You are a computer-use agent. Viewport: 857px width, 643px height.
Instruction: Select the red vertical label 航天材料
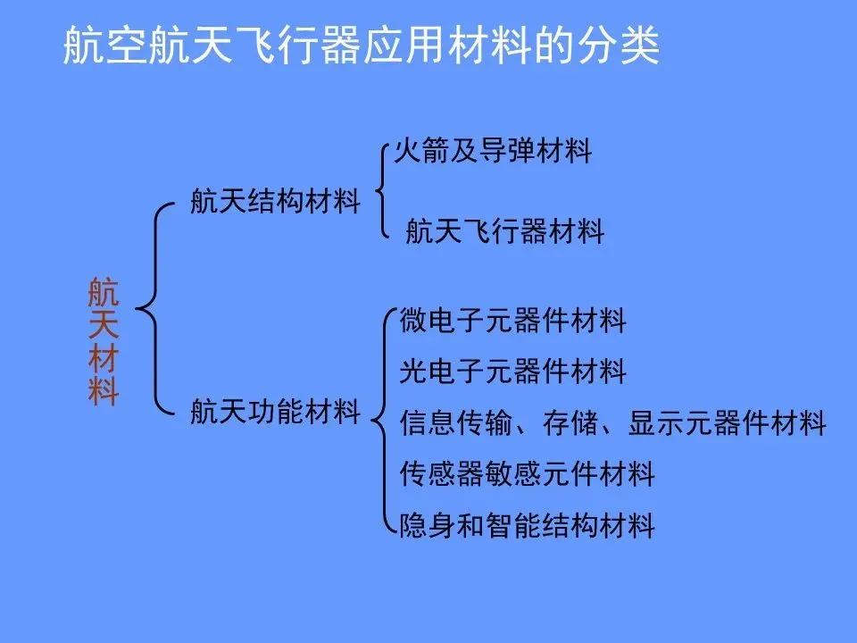pyautogui.click(x=104, y=342)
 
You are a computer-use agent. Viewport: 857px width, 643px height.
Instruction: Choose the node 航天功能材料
pyautogui.click(x=275, y=412)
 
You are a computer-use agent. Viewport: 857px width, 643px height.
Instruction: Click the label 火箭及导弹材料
pyautogui.click(x=494, y=151)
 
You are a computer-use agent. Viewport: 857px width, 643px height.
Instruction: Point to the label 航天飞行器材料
pyautogui.click(x=504, y=232)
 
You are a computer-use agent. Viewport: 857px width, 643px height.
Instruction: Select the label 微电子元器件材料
pyautogui.click(x=513, y=319)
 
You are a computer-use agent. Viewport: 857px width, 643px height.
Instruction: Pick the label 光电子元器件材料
pyautogui.click(x=513, y=370)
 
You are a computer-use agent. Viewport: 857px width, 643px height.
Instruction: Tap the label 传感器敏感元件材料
pyautogui.click(x=527, y=473)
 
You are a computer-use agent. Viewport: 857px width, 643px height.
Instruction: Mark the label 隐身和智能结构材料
pyautogui.click(x=527, y=525)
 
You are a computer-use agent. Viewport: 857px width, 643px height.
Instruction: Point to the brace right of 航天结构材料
pyautogui.click(x=382, y=189)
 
